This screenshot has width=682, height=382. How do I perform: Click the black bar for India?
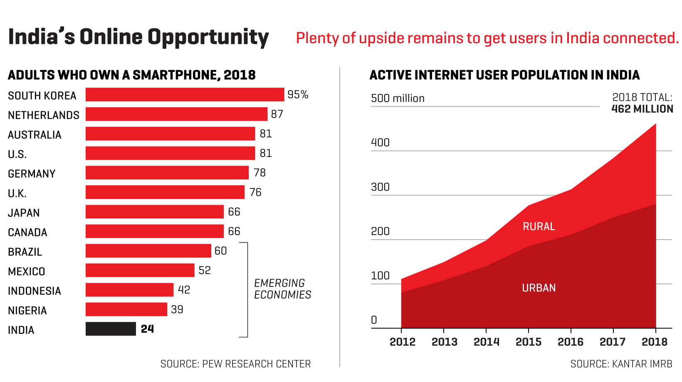[111, 329]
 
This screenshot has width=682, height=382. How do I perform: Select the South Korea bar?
[185, 95]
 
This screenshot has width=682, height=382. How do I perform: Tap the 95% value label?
[298, 95]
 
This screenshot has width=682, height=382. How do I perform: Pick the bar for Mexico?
[140, 270]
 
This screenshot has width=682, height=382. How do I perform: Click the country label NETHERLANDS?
[44, 115]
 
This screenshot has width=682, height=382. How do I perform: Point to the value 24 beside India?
[147, 329]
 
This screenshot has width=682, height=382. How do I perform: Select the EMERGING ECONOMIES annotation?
[282, 289]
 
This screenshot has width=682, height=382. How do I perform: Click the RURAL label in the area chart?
[539, 226]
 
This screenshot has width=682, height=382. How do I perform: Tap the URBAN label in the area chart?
[539, 288]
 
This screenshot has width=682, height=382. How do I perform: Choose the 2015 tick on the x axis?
[529, 342]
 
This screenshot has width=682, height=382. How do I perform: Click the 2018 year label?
[655, 342]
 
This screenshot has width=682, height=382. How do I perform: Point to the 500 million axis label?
[398, 98]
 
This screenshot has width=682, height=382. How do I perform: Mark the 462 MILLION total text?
[642, 109]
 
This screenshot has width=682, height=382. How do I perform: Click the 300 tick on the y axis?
[380, 187]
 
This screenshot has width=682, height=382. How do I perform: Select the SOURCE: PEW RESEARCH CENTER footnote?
[235, 364]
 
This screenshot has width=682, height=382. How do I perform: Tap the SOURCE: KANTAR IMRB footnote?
[621, 364]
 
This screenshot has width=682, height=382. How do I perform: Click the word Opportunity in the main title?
[208, 37]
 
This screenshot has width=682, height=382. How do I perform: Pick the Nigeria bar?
[126, 309]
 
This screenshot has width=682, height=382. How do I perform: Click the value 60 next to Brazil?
[220, 251]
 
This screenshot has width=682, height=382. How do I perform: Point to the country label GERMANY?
[32, 174]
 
